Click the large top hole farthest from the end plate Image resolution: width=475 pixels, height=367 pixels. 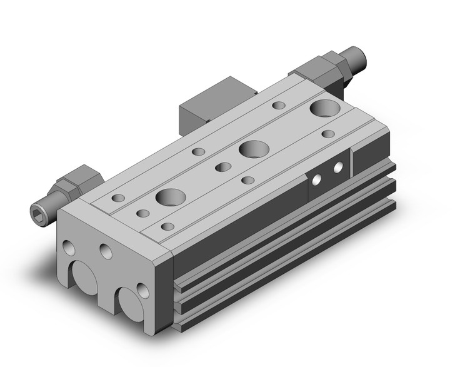[x=324, y=108]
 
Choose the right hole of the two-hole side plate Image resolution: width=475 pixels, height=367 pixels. [x=338, y=168]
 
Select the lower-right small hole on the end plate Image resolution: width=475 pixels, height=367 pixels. [x=142, y=289]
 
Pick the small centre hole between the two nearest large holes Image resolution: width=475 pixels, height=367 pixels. [x=221, y=167]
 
